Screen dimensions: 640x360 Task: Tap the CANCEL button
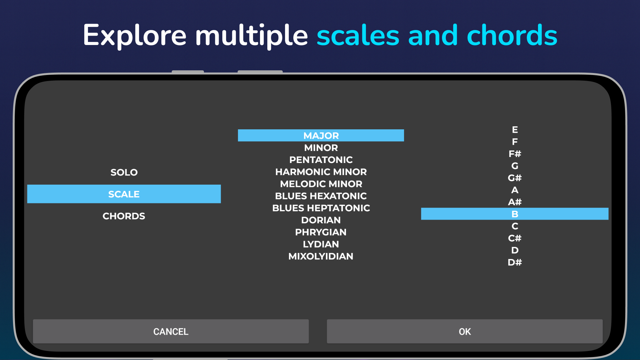point(171,331)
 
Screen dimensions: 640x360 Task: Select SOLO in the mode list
point(124,172)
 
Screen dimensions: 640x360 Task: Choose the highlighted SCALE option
point(124,194)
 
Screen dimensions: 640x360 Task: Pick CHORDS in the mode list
point(124,216)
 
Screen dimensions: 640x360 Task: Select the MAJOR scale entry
point(321,135)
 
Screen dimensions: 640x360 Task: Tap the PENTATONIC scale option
point(321,160)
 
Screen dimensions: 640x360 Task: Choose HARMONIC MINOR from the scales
point(321,172)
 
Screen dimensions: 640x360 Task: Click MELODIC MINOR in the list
point(321,184)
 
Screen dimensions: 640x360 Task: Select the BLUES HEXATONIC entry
point(321,196)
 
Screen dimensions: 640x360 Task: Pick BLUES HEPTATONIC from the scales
point(321,208)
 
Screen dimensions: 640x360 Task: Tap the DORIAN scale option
point(321,220)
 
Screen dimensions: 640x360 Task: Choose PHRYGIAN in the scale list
point(321,232)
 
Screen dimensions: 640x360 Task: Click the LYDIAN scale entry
point(321,244)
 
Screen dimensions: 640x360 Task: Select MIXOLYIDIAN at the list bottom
point(321,256)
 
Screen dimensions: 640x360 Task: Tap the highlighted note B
point(515,214)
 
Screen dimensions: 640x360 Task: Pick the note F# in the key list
point(515,154)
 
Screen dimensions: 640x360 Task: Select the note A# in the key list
point(515,202)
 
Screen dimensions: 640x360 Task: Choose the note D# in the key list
point(515,262)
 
